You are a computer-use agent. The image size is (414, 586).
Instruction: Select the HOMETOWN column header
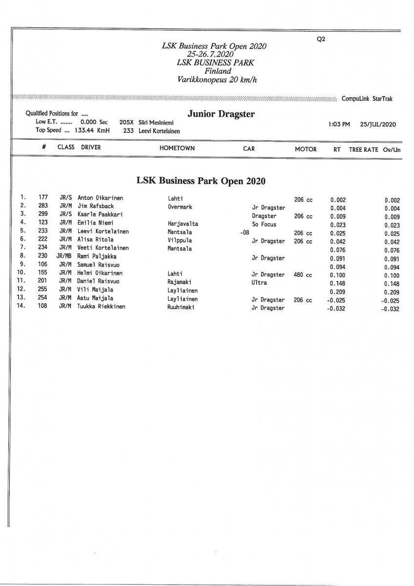[x=177, y=149]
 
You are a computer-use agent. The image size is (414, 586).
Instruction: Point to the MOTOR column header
[x=306, y=149]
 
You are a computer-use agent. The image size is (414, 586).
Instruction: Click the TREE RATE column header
[x=363, y=149]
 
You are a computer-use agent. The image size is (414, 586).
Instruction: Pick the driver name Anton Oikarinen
[x=100, y=199]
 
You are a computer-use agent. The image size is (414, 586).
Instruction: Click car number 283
[x=43, y=207]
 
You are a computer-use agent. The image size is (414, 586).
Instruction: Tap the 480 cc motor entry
[x=303, y=275]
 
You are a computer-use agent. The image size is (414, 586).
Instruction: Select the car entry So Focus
[x=264, y=225]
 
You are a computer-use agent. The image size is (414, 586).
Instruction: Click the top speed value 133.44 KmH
[x=92, y=130]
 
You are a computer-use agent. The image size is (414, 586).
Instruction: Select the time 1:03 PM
[x=340, y=125]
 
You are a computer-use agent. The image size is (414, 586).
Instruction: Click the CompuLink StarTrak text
[x=367, y=99]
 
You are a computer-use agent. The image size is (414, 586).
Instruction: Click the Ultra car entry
[x=259, y=283]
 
